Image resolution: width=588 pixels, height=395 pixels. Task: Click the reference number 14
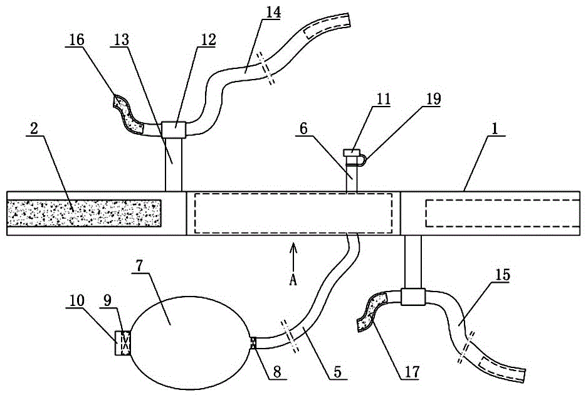273,13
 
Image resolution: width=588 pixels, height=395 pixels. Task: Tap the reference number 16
76,39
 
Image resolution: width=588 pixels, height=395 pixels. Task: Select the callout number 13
121,39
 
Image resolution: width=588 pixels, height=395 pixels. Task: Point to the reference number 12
209,39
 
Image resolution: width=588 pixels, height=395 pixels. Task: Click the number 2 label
34,129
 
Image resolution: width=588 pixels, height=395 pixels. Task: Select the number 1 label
495,129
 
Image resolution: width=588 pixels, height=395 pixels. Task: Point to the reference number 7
139,266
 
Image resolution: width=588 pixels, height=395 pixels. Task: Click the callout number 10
76,301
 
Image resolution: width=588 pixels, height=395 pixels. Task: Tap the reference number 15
503,275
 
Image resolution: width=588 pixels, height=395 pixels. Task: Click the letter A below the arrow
293,280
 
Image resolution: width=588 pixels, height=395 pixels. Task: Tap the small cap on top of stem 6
352,153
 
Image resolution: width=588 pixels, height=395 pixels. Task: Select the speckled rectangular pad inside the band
84,213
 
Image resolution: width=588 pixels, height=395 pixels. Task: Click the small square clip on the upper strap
174,130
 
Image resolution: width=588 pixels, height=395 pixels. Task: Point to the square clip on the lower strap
413,297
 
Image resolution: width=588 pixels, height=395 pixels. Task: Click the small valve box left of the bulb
122,343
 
